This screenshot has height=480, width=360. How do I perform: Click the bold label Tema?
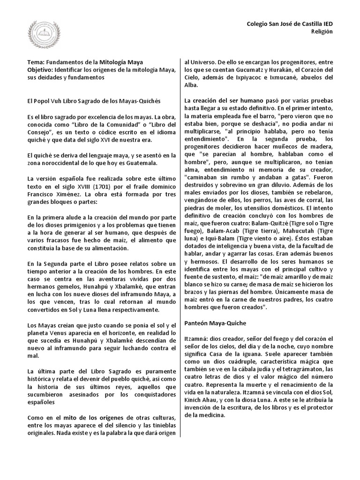[x=37, y=62]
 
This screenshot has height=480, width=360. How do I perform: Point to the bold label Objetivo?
[x=42, y=70]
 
